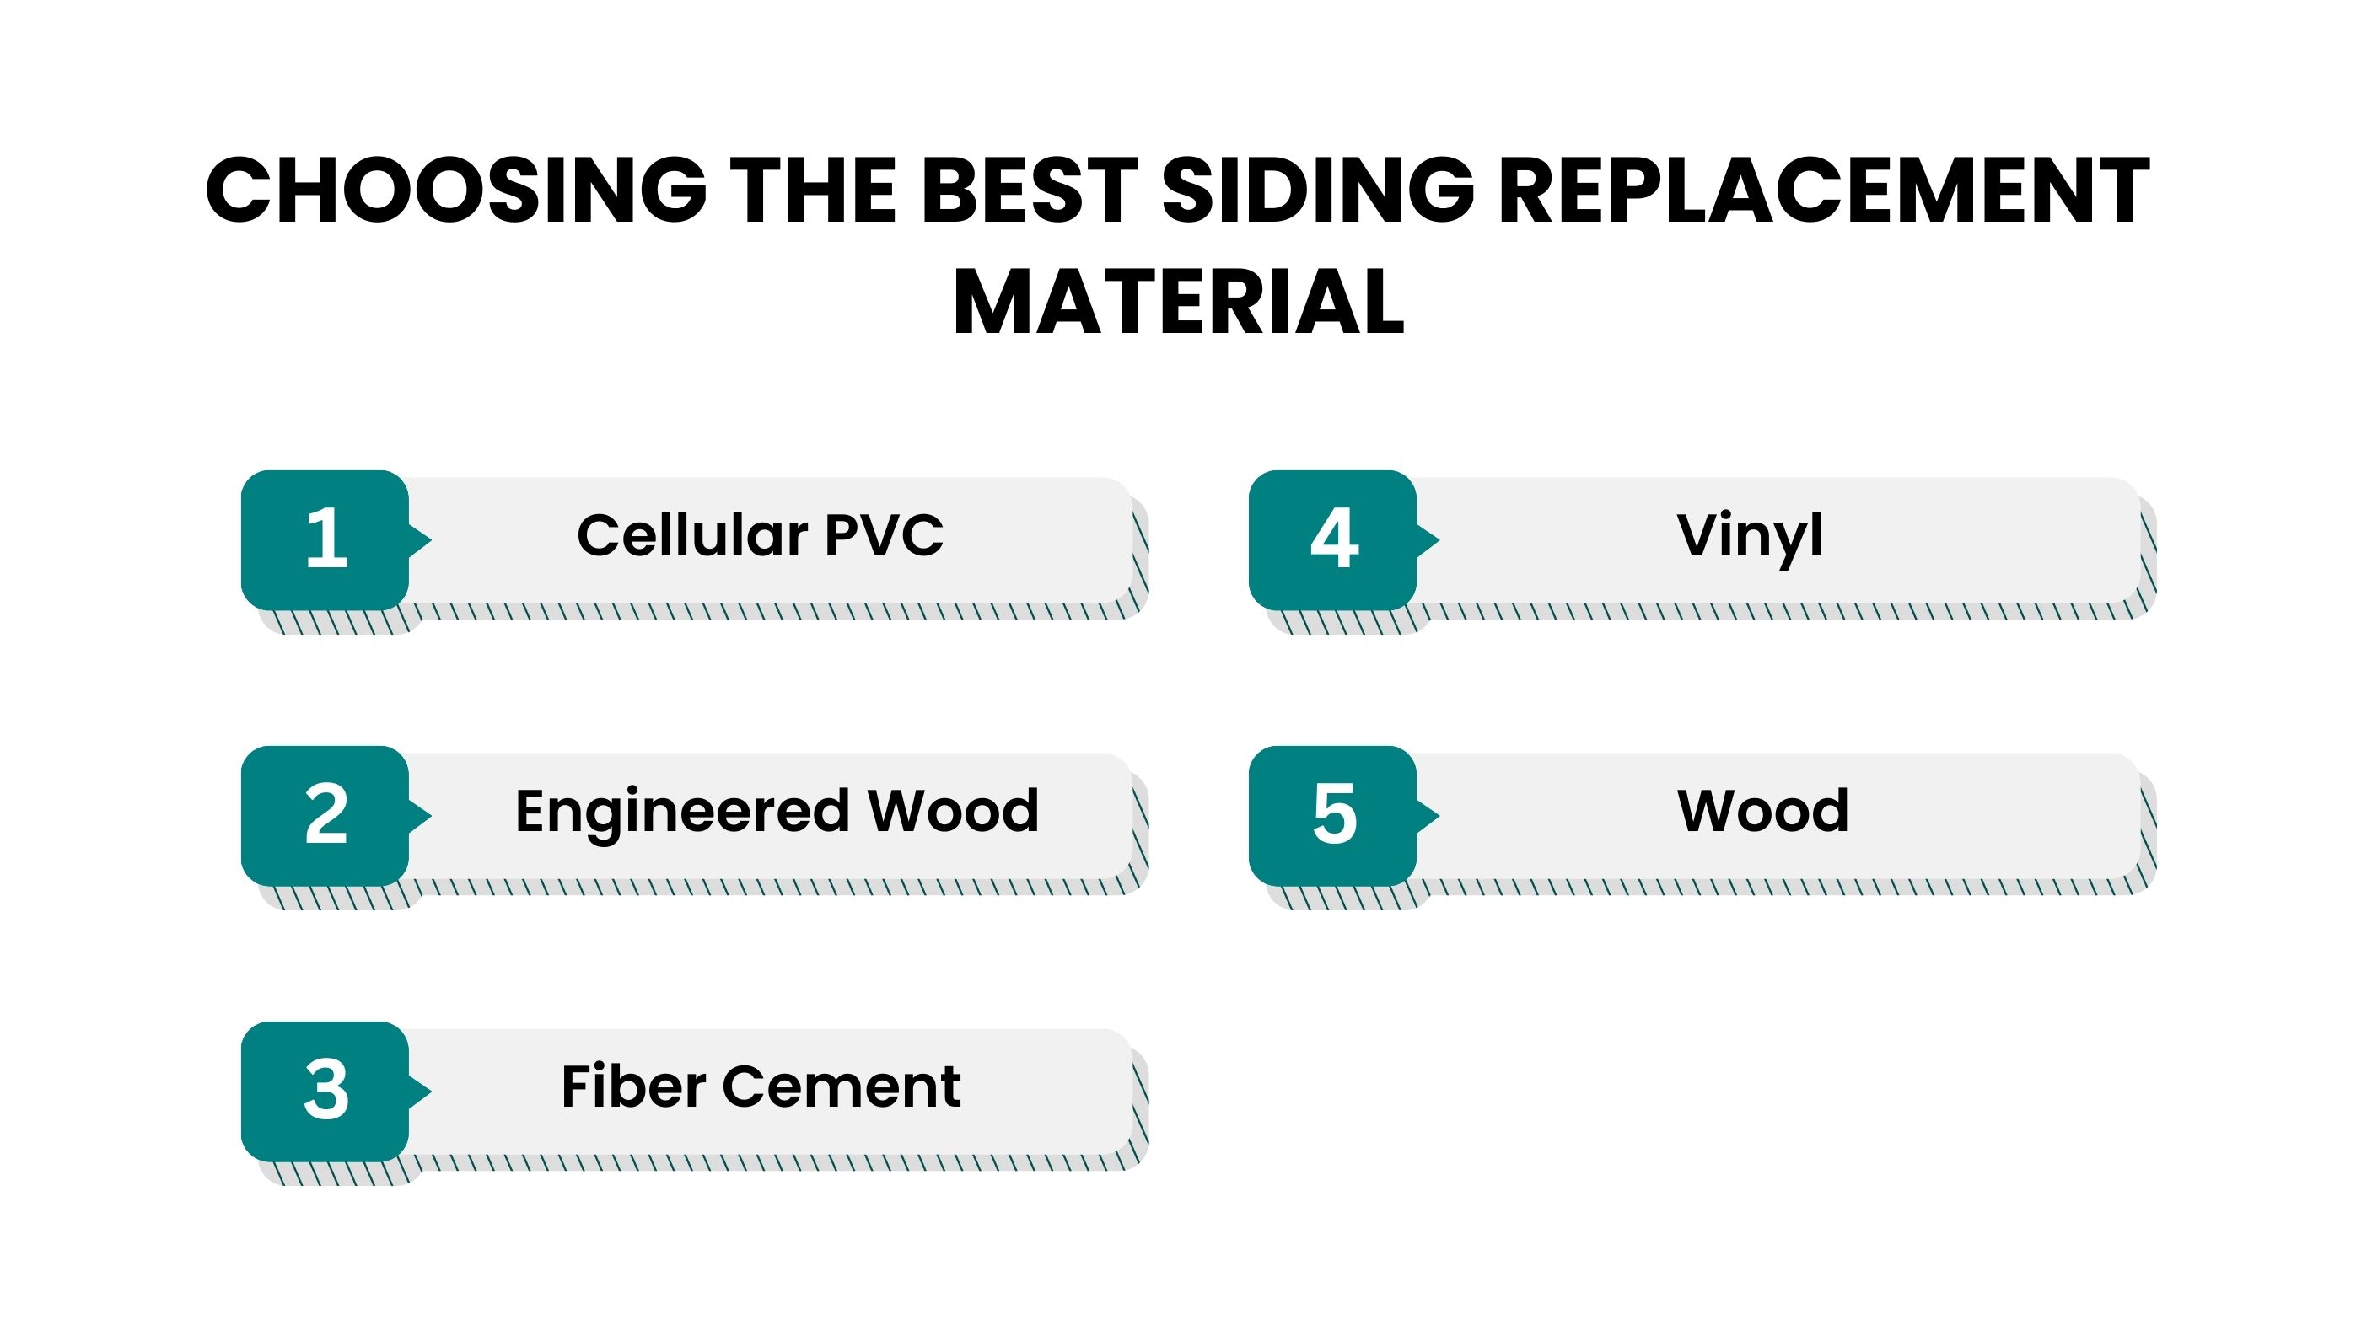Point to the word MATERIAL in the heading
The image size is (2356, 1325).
pyautogui.click(x=1178, y=302)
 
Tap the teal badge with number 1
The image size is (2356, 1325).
pyautogui.click(x=325, y=539)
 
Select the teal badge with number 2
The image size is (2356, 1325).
pyautogui.click(x=325, y=816)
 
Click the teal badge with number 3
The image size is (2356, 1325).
pyautogui.click(x=325, y=1091)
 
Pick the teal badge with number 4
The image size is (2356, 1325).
pyautogui.click(x=1332, y=539)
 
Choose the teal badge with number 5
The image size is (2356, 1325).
pyautogui.click(x=1332, y=816)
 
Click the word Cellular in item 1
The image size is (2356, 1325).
pyautogui.click(x=692, y=535)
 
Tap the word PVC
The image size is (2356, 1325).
pyautogui.click(x=884, y=535)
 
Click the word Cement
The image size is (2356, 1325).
pyautogui.click(x=842, y=1088)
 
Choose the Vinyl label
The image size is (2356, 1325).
pyautogui.click(x=1750, y=538)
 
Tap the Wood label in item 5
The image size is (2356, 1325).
pyautogui.click(x=1762, y=811)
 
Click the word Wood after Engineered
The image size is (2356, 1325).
pyautogui.click(x=953, y=811)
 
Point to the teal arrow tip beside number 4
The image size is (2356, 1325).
pyautogui.click(x=1439, y=539)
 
